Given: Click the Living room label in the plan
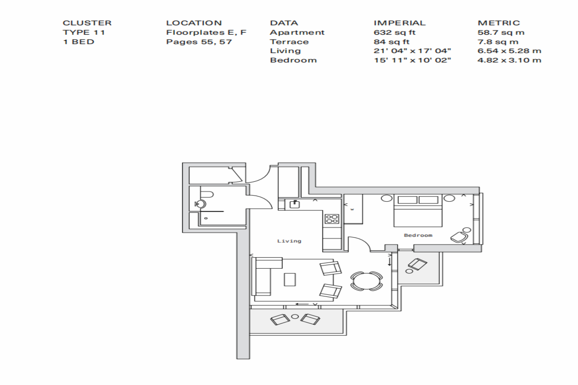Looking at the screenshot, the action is click(x=289, y=241).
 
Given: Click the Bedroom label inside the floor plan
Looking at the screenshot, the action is click(x=418, y=235).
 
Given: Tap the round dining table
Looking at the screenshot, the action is click(x=366, y=281).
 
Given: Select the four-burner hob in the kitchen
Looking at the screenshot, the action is click(x=332, y=219).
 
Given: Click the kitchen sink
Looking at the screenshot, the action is click(x=294, y=204).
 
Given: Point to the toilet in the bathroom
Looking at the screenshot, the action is click(x=207, y=194).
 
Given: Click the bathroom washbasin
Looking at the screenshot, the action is click(x=201, y=204).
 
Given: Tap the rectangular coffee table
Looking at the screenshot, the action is click(x=290, y=280).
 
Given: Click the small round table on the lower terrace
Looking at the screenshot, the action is click(x=295, y=316).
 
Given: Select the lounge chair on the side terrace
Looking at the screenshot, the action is click(x=417, y=264).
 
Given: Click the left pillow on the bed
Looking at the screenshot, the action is click(x=407, y=199).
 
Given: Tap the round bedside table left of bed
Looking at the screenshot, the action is click(x=386, y=198).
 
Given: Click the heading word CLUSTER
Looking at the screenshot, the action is click(x=87, y=23).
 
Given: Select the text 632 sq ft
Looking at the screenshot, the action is click(x=395, y=32).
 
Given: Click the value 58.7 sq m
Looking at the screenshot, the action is click(x=501, y=32).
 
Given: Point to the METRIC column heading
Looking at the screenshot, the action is click(x=499, y=23).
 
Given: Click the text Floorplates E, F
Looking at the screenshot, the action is click(x=206, y=32).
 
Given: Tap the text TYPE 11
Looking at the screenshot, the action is click(x=84, y=32).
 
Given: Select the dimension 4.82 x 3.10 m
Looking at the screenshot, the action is click(x=509, y=60).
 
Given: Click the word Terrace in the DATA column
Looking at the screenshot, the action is click(x=289, y=42).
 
